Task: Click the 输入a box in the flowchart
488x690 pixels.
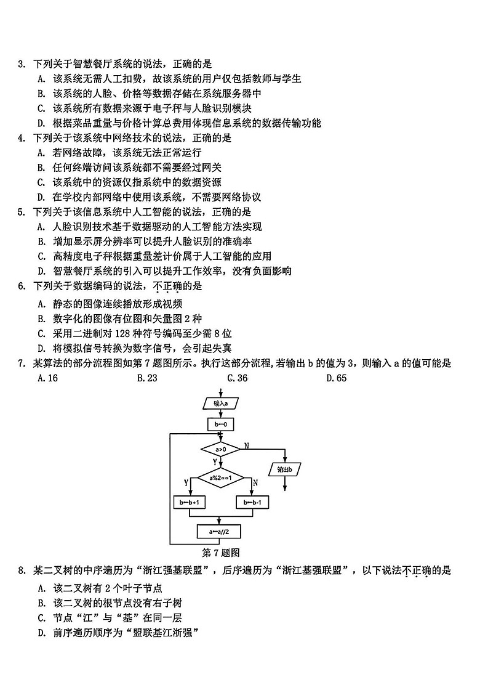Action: [220, 404]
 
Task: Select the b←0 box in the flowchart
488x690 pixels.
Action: [220, 424]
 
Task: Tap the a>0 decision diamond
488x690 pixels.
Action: [220, 450]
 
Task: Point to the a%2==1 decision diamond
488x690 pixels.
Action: [220, 478]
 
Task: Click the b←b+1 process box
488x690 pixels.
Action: [190, 503]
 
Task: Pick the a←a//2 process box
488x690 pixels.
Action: [220, 531]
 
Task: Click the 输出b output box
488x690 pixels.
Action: [284, 469]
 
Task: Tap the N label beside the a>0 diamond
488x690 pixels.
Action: [247, 445]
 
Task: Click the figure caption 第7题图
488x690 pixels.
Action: [220, 552]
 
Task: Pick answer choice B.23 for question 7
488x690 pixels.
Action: [148, 378]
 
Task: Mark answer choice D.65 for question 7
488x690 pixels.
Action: [337, 378]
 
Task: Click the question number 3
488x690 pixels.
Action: [22, 63]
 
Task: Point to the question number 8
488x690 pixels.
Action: [22, 570]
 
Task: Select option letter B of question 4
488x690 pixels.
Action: [41, 168]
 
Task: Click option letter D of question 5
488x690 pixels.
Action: [41, 271]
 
